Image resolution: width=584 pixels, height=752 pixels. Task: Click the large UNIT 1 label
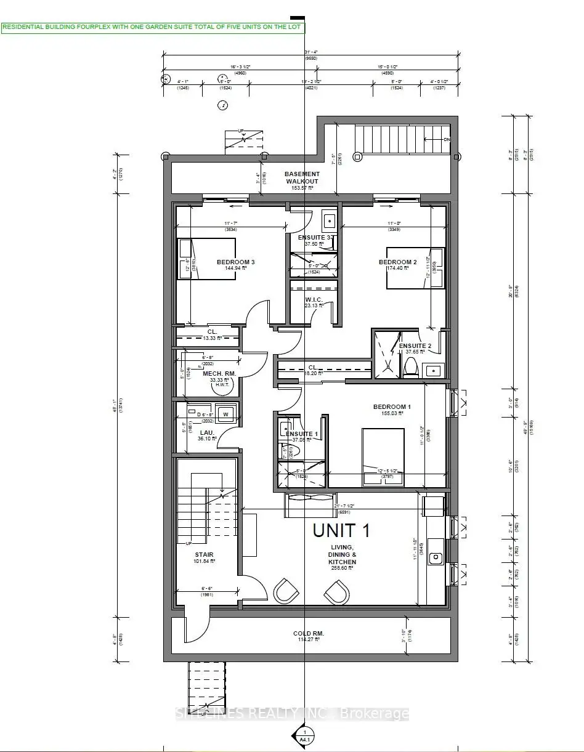tap(341, 530)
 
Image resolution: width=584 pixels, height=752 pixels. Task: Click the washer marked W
tap(225, 414)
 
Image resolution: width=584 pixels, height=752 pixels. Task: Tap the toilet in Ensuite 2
tap(411, 368)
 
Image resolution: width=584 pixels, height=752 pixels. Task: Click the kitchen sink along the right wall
tap(436, 557)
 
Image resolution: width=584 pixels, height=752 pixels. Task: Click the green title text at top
tap(153, 27)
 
